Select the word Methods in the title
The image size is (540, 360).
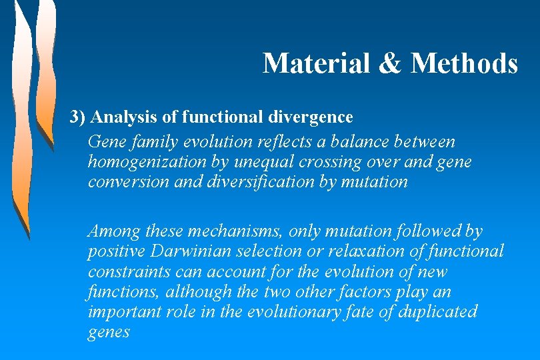pyautogui.click(x=464, y=64)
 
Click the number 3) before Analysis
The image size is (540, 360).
pyautogui.click(x=79, y=118)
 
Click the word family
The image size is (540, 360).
pyautogui.click(x=154, y=143)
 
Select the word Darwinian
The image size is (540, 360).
pyautogui.click(x=183, y=252)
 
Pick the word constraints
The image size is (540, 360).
pyautogui.click(x=124, y=272)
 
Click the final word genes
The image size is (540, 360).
pyautogui.click(x=109, y=332)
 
